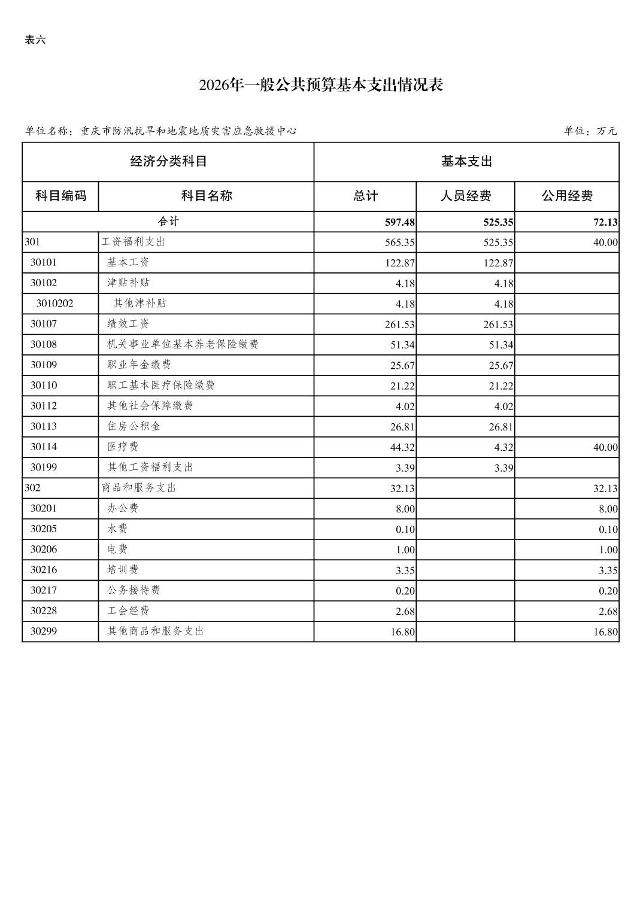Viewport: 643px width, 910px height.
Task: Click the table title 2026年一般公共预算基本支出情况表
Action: click(x=321, y=85)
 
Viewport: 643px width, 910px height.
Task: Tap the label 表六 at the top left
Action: click(x=35, y=40)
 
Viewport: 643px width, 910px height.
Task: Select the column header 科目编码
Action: click(x=60, y=196)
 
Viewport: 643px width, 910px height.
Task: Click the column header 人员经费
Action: click(x=465, y=196)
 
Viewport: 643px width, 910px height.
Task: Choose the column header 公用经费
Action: click(x=566, y=196)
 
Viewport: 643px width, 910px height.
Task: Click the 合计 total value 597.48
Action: click(x=399, y=222)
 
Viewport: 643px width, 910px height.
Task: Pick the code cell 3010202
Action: click(x=54, y=304)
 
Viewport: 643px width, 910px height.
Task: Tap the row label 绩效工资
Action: click(x=128, y=324)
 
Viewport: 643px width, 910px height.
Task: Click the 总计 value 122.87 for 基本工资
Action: click(x=399, y=263)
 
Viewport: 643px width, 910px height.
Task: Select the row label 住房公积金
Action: click(x=134, y=426)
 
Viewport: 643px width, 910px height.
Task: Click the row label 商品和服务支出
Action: click(x=139, y=488)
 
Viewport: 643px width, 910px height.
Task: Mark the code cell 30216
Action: click(x=44, y=569)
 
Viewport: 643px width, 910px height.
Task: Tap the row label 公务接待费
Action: click(x=134, y=590)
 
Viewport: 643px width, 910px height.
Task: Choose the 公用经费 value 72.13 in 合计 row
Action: click(x=605, y=222)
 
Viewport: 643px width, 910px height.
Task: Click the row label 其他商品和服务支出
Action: click(x=156, y=631)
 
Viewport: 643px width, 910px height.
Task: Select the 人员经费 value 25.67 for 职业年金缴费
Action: click(x=501, y=365)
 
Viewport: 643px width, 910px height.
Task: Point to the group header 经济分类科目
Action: click(x=168, y=162)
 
